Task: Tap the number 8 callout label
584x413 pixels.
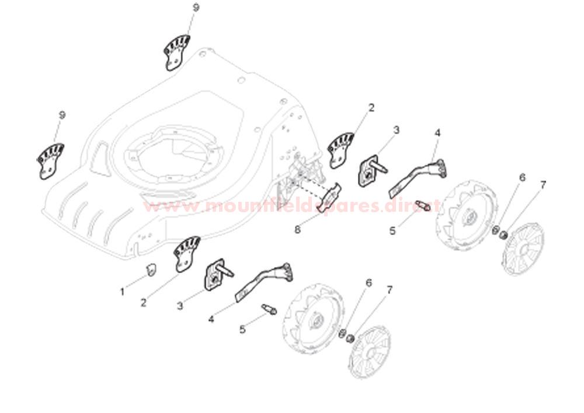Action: pos(297,230)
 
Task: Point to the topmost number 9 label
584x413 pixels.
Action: pos(196,7)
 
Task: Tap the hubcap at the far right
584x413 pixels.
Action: pos(523,249)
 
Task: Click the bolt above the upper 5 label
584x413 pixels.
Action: pos(422,206)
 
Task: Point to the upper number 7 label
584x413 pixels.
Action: pos(543,185)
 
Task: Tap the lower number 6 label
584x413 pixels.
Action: pos(368,283)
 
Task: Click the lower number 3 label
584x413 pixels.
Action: pos(180,305)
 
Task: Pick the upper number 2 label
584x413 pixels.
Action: pos(371,108)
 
